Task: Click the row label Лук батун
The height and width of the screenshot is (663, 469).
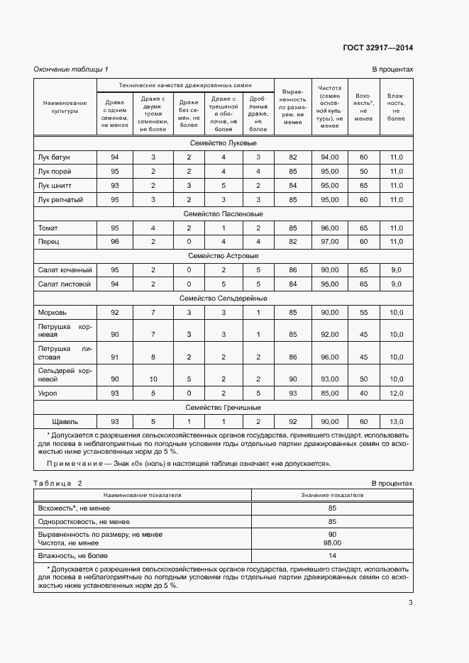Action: [x=54, y=157]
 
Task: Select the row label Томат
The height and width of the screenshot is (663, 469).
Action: [x=48, y=228]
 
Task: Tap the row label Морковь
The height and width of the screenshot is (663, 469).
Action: [x=52, y=312]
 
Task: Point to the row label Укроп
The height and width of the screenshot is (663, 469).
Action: [x=48, y=393]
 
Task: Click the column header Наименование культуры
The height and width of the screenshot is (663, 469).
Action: [x=65, y=106]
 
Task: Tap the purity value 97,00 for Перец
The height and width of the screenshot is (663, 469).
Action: [x=329, y=242]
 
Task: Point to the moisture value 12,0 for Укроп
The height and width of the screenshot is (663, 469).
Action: [x=396, y=393]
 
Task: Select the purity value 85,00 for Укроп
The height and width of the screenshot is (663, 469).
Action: [x=329, y=393]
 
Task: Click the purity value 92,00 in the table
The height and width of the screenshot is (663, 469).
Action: [x=329, y=334]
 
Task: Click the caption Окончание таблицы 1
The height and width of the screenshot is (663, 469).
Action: [x=71, y=69]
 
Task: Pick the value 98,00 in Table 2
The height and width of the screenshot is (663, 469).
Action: [x=331, y=542]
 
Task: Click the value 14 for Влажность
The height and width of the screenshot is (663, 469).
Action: [x=331, y=556]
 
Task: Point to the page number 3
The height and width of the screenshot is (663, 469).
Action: [x=410, y=603]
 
